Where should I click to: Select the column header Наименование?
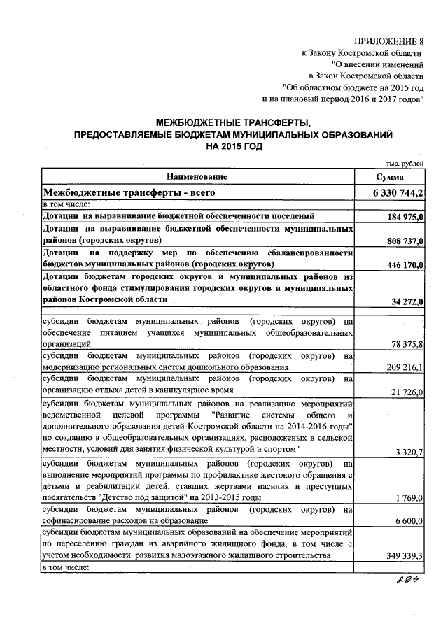197,176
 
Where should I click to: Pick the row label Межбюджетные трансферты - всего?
129,192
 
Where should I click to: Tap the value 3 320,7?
409,452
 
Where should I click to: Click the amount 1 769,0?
409,497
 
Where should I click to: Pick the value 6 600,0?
409,521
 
